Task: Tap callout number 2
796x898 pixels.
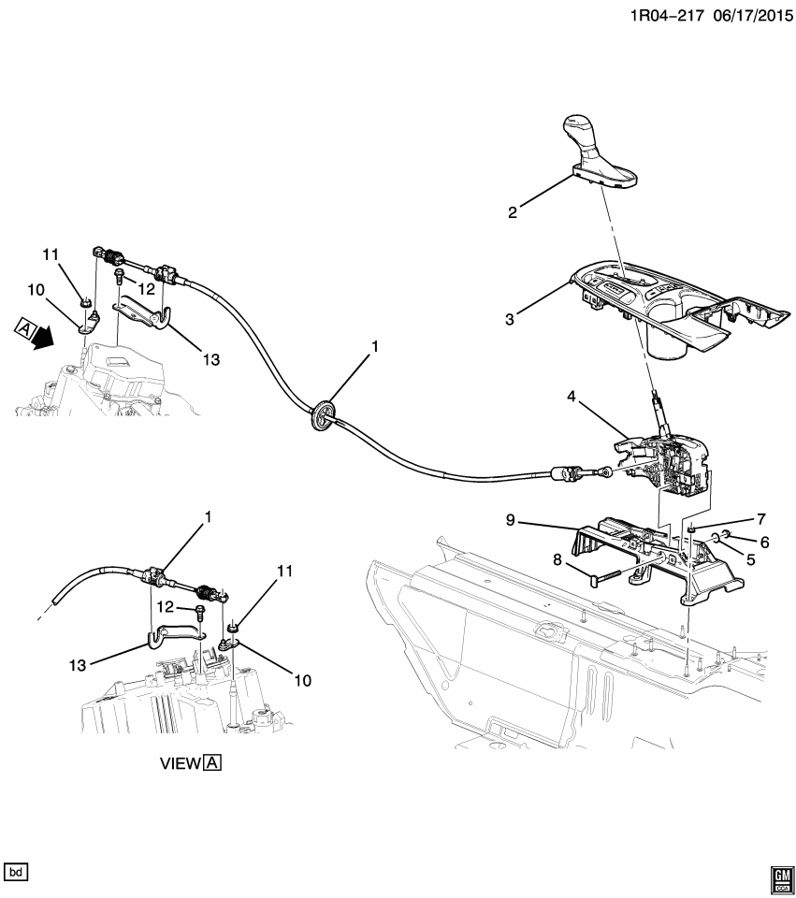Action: click(x=512, y=212)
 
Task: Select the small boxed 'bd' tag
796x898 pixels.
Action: click(x=17, y=872)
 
